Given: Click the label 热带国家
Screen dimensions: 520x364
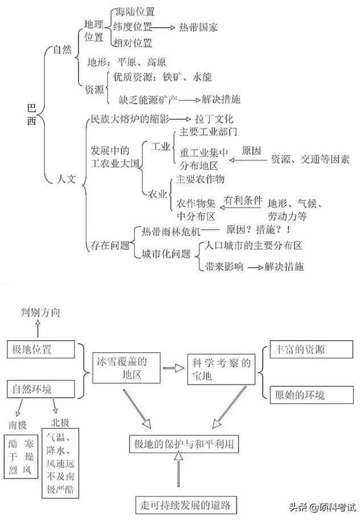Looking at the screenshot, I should point(198,27).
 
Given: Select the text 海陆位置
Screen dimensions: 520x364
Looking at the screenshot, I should point(134,11).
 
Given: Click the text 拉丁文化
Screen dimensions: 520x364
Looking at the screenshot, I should point(214,119).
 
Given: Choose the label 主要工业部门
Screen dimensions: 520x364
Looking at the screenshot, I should point(208,132).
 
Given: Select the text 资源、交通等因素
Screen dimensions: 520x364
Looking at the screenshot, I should point(310,159).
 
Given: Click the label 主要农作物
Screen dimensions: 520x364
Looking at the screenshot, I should point(201,179).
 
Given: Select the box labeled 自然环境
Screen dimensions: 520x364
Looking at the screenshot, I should point(37,389).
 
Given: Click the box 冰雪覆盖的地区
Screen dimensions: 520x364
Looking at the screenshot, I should point(123,368).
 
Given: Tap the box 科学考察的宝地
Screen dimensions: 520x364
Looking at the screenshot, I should point(220,369).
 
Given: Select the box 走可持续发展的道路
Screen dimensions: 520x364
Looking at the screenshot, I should point(187,504).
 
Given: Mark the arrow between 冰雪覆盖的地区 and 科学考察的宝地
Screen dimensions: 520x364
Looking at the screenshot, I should point(170,369).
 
